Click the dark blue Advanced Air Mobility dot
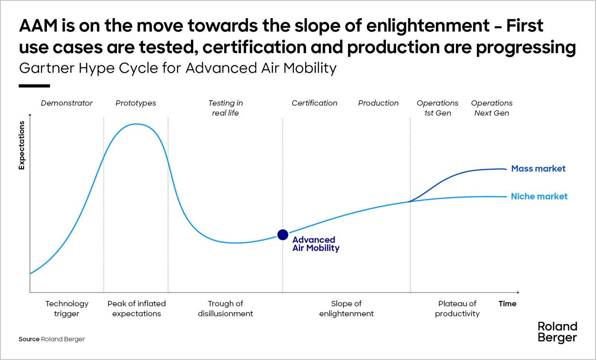(x=283, y=235)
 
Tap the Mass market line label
(x=538, y=169)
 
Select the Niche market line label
(x=539, y=197)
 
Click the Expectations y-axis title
(x=22, y=145)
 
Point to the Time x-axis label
(x=507, y=304)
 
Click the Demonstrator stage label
(x=67, y=103)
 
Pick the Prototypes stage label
(x=136, y=103)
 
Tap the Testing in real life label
(x=225, y=108)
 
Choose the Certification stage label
(x=314, y=103)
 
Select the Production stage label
(x=378, y=103)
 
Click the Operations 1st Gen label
(x=437, y=108)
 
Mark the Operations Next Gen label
(x=492, y=108)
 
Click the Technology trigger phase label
(x=67, y=309)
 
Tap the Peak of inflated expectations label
(x=137, y=309)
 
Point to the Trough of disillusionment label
(x=225, y=309)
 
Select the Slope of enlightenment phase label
(x=346, y=309)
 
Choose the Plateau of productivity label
(x=457, y=309)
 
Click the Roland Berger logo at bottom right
(x=557, y=332)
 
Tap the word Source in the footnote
(x=29, y=339)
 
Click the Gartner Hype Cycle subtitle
(x=178, y=69)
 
